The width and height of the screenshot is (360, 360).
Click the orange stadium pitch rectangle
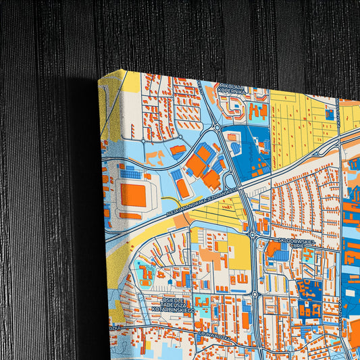tap(133, 195)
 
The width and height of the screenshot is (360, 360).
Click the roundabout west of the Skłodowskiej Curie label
tap(252, 236)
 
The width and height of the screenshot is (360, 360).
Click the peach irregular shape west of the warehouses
tap(155, 157)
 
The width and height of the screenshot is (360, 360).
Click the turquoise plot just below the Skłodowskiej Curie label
tap(307, 256)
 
